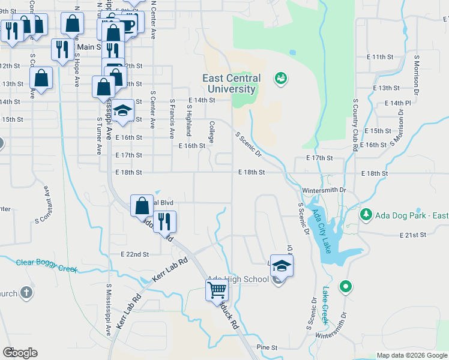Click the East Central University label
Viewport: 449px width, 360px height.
[x=231, y=83]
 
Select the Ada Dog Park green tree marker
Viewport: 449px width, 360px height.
[x=366, y=214]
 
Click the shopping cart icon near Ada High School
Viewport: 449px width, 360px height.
[x=217, y=290]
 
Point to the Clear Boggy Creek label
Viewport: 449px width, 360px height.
[x=46, y=265]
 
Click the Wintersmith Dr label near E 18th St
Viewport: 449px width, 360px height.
[x=324, y=190]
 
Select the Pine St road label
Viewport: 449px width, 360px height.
[x=267, y=347]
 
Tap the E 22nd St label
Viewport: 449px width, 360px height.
[x=134, y=254]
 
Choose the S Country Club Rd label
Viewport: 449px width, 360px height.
[x=355, y=125]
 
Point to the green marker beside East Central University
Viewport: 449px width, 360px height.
[x=280, y=78]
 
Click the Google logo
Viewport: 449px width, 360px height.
[x=20, y=353]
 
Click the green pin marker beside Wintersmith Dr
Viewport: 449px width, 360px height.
[x=345, y=287]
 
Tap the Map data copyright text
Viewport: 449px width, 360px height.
[x=412, y=355]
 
